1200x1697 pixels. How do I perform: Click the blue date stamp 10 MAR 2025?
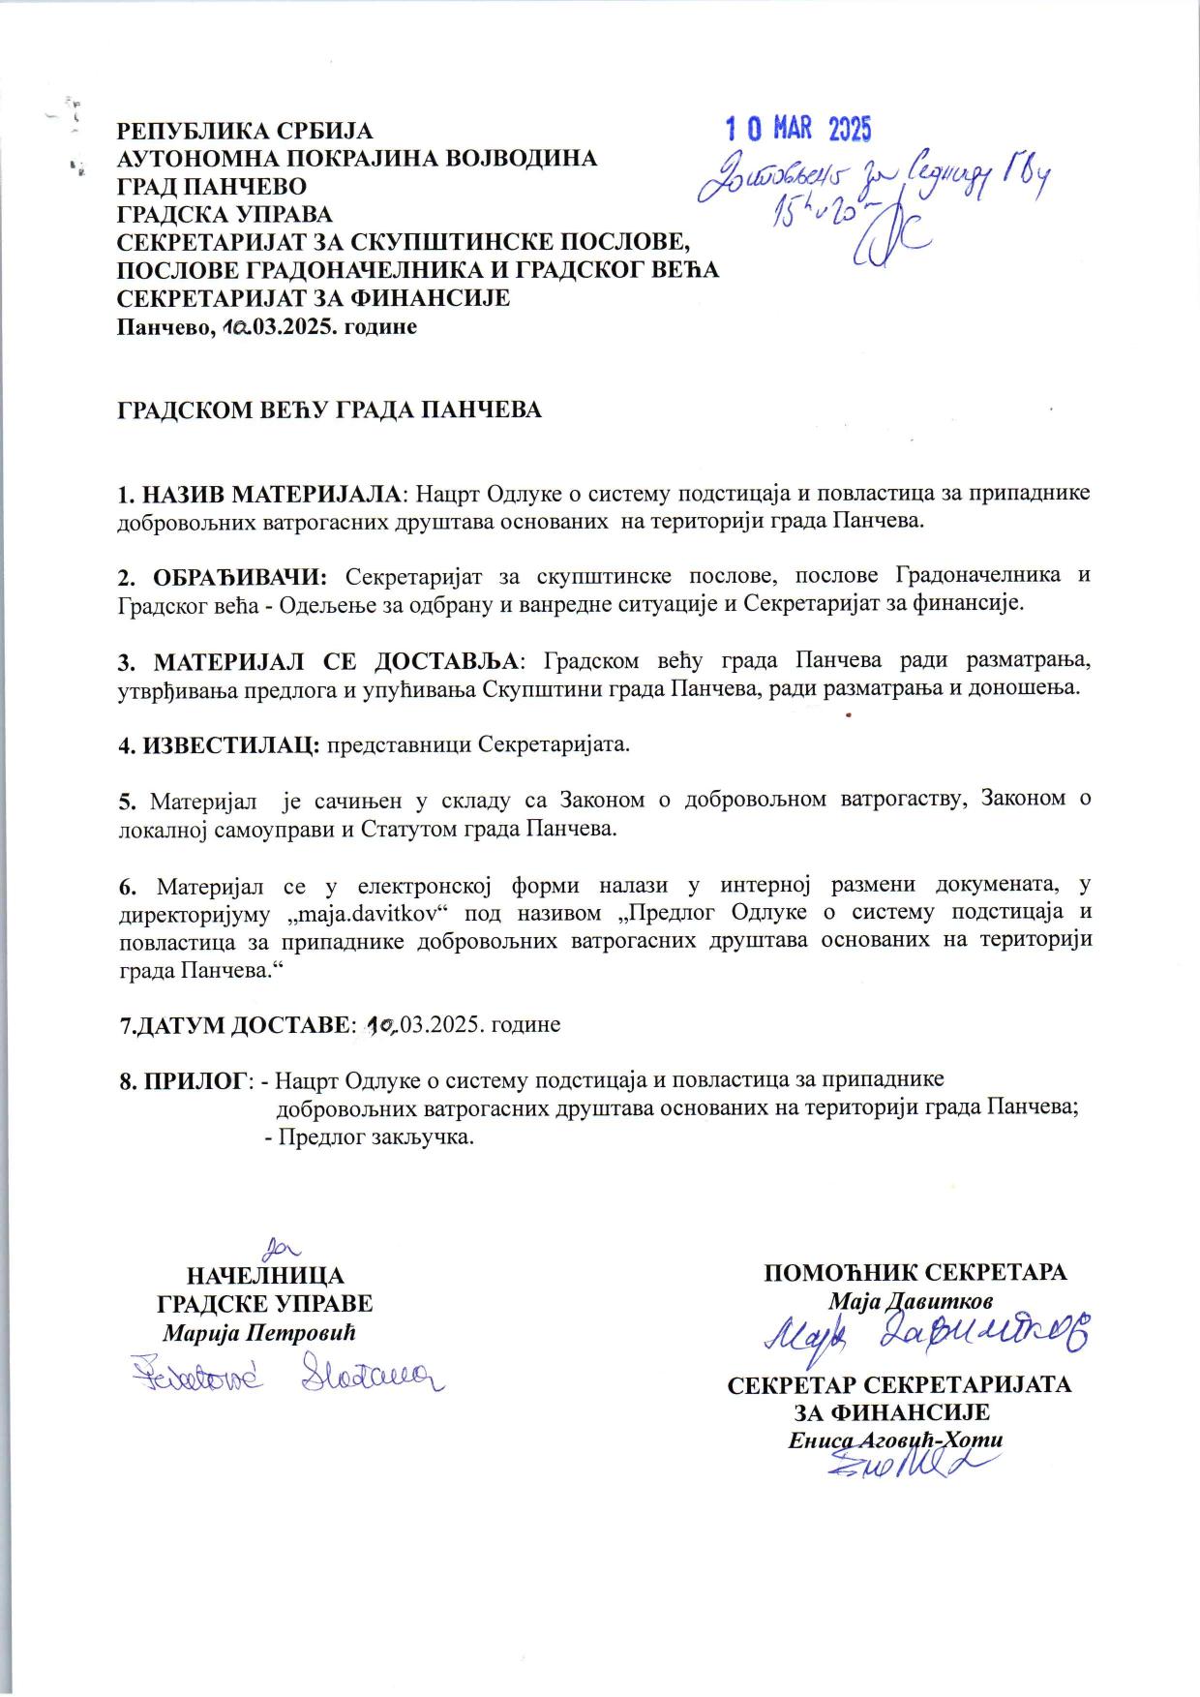[x=798, y=129]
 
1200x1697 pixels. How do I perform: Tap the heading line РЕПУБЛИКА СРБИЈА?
[x=245, y=131]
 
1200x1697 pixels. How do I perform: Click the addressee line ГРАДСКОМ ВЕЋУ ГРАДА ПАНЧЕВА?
[x=329, y=409]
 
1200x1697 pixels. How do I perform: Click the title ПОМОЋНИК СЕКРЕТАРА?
[x=915, y=1272]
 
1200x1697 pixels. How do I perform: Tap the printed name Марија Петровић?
[x=259, y=1332]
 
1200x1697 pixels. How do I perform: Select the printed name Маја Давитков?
[x=910, y=1300]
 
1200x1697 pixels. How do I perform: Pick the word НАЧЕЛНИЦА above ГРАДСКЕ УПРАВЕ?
[x=265, y=1275]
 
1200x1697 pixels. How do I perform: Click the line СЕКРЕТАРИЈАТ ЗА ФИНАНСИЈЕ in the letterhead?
[x=313, y=298]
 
